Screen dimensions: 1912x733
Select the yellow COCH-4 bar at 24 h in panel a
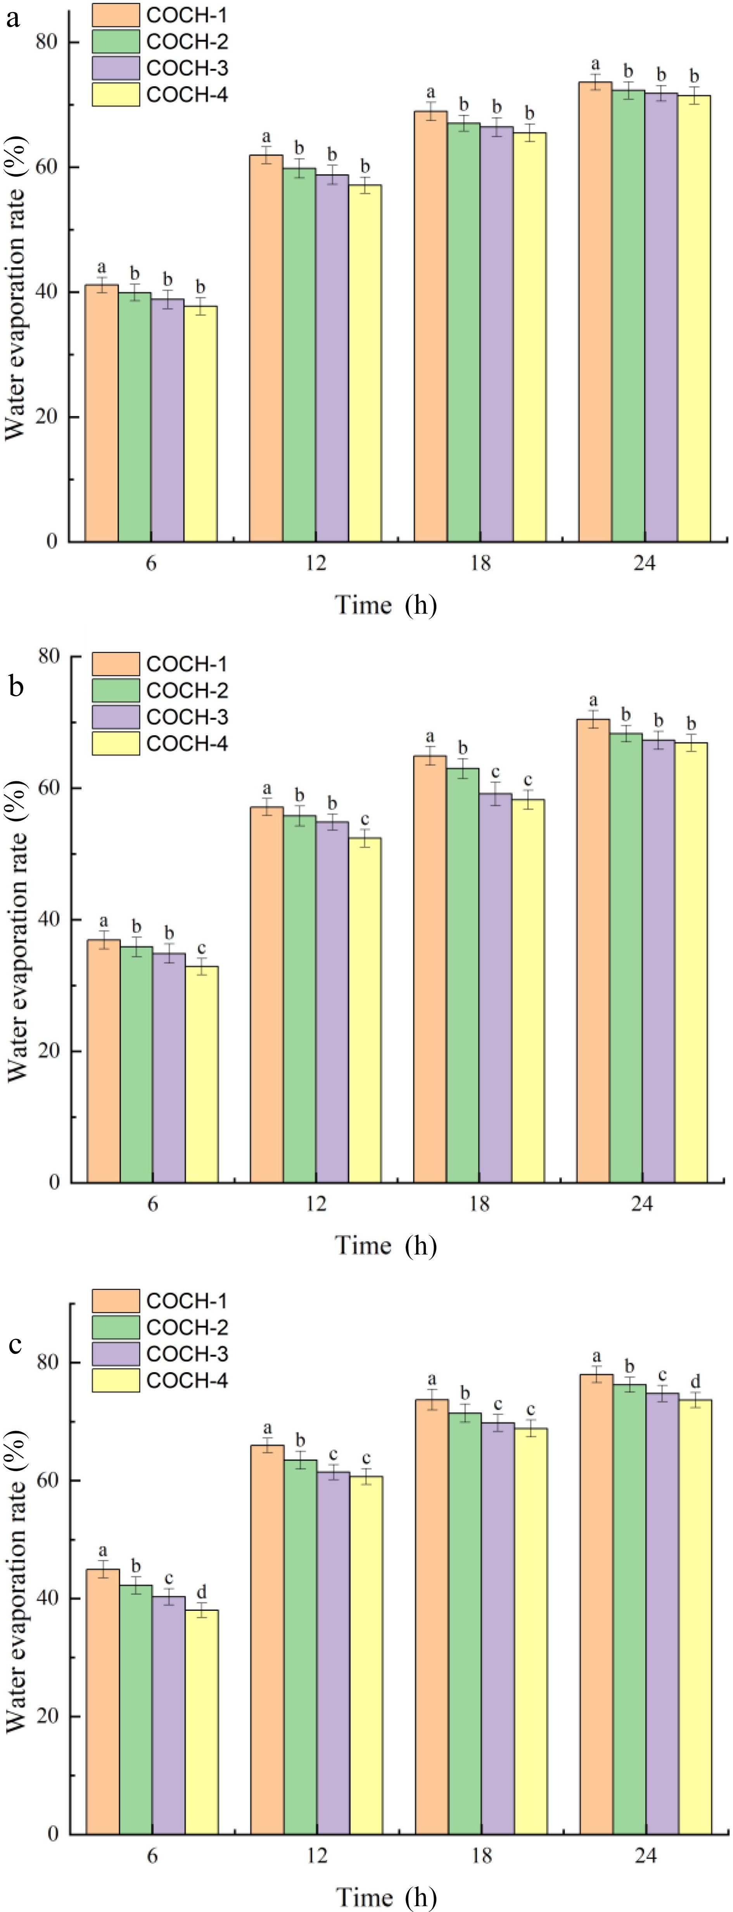point(695,319)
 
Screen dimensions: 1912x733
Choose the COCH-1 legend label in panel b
point(187,664)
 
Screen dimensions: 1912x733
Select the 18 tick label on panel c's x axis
point(481,1857)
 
